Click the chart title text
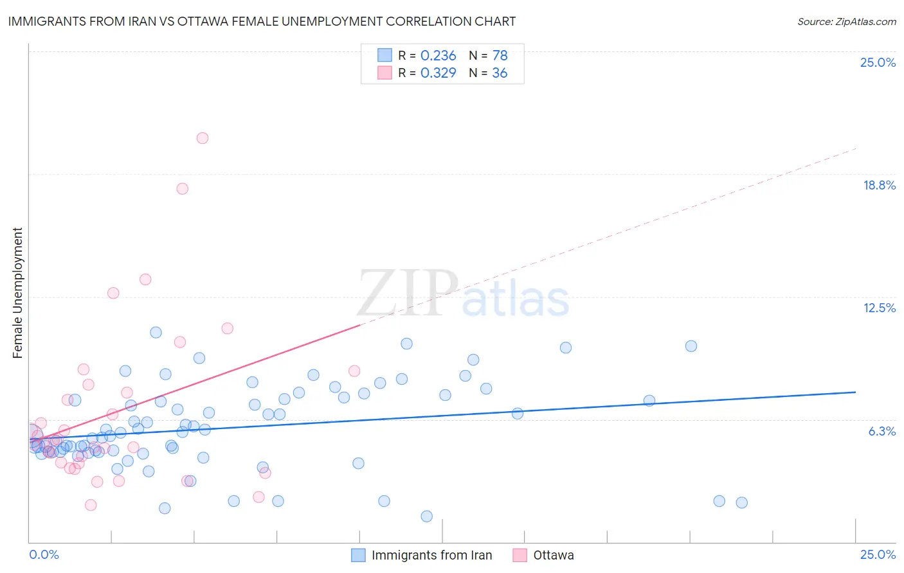[262, 21]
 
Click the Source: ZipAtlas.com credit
[846, 21]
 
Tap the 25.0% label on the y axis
[878, 62]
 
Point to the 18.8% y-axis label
[879, 185]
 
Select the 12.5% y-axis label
[879, 308]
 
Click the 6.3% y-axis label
[881, 431]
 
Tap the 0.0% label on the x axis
[44, 554]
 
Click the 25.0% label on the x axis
[878, 554]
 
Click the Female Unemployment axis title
[17, 293]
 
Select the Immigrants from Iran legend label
[431, 555]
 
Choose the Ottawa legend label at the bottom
[554, 555]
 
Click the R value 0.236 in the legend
[438, 56]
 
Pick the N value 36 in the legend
[500, 73]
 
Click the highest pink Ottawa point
[203, 138]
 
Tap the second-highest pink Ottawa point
[183, 189]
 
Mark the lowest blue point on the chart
[426, 516]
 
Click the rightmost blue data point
[741, 503]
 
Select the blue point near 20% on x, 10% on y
[691, 346]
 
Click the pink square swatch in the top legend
[384, 73]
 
